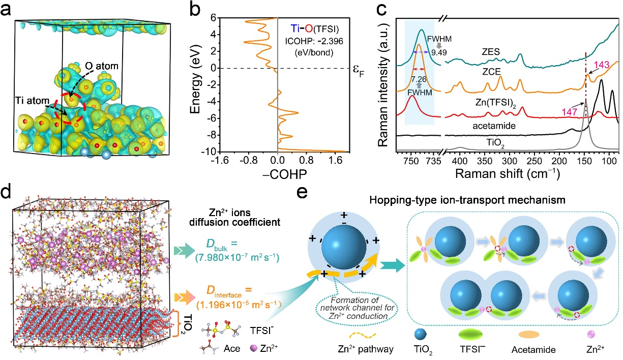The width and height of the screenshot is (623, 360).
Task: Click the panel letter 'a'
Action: (7, 9)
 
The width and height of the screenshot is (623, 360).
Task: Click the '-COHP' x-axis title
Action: (277, 172)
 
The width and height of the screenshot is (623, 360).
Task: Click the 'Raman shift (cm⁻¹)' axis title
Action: (507, 173)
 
